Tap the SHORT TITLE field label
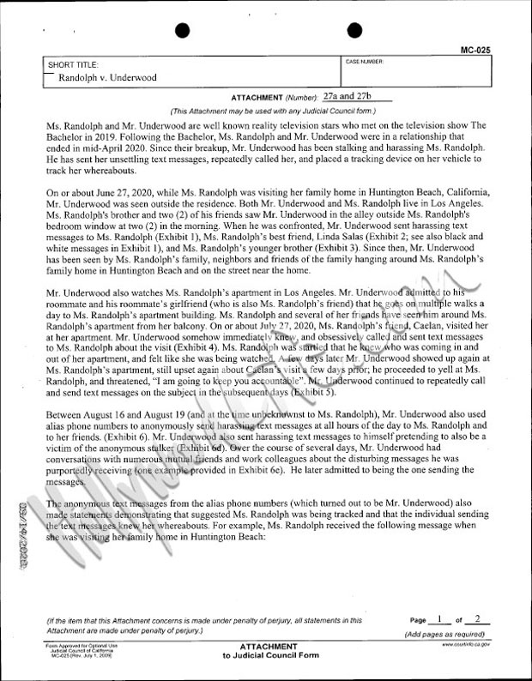tap(74, 65)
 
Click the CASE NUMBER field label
tap(365, 63)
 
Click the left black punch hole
tap(181, 30)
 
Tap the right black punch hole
tap(349, 30)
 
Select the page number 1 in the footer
tap(438, 618)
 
